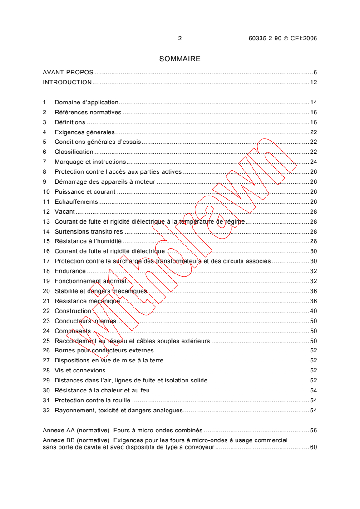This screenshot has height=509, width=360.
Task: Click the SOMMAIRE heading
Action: point(180,59)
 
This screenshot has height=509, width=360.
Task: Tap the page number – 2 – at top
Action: point(180,39)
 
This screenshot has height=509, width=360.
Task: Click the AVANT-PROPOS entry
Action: point(68,73)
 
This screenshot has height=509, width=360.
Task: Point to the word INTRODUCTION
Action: point(67,83)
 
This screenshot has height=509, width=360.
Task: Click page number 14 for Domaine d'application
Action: point(313,103)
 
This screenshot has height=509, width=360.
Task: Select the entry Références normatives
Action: point(88,113)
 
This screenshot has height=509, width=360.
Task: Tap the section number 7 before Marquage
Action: point(44,162)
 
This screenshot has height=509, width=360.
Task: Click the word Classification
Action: point(74,152)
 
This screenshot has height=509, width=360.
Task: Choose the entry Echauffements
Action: point(76,201)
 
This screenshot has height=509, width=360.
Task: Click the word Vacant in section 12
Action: point(64,211)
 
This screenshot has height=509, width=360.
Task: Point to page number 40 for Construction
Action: point(313,311)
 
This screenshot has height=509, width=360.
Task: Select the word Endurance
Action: point(70,271)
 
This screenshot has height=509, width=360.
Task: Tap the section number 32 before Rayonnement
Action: point(46,411)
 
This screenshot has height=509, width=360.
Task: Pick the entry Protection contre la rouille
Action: point(93,401)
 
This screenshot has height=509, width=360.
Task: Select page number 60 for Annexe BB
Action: point(313,447)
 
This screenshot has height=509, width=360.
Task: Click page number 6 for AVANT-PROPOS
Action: point(315,73)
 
